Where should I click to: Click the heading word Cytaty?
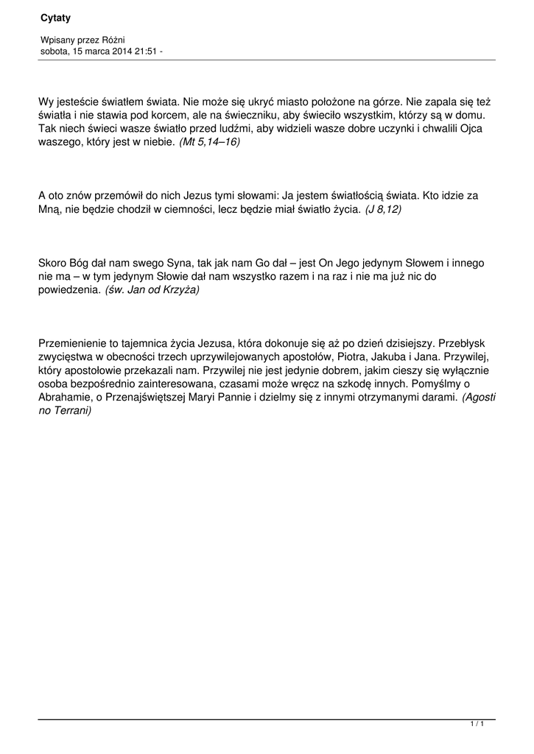click(55, 17)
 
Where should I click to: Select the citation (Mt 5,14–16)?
click(209, 142)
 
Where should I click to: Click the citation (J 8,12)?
click(383, 209)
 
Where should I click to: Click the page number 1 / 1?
click(477, 725)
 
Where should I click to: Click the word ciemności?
click(211, 209)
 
